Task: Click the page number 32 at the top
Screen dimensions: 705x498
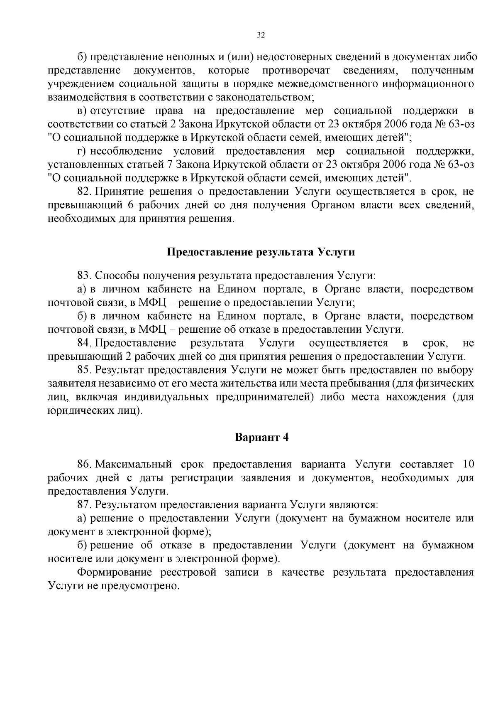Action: click(x=261, y=35)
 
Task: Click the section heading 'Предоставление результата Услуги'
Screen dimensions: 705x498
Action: click(x=261, y=252)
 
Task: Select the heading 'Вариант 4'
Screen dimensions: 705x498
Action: click(x=261, y=437)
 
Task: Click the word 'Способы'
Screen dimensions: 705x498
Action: click(x=117, y=275)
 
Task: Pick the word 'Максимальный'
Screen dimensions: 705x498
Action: click(x=134, y=464)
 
